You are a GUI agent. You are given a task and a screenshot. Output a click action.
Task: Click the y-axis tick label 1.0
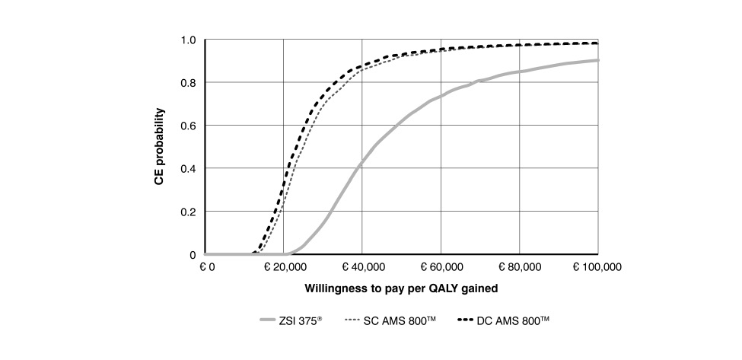pyautogui.click(x=188, y=40)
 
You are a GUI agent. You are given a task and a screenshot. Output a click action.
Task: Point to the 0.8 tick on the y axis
pyautogui.click(x=188, y=82)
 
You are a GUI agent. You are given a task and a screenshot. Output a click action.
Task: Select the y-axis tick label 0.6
pyautogui.click(x=188, y=125)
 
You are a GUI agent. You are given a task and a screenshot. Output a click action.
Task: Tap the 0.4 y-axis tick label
pyautogui.click(x=188, y=167)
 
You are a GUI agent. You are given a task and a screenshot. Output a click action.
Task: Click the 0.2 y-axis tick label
pyautogui.click(x=188, y=211)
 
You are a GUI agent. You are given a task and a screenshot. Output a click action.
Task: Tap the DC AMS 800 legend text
pyautogui.click(x=511, y=321)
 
